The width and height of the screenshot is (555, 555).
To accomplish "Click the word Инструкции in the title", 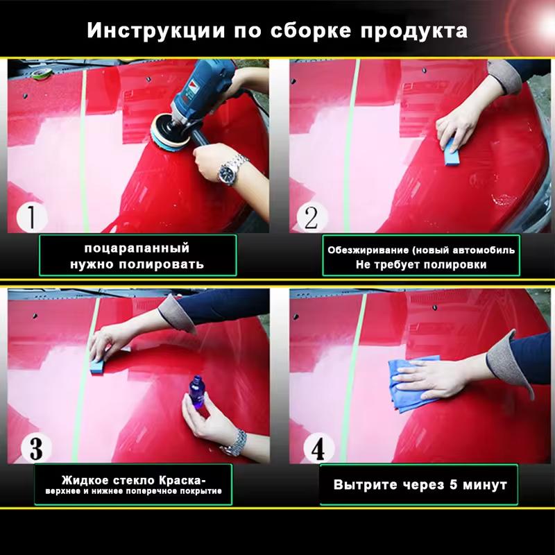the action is click(156, 30).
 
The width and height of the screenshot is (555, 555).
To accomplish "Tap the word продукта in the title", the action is click(414, 31).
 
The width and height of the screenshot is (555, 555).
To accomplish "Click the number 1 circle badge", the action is click(31, 216).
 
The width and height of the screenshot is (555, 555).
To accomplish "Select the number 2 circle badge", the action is click(311, 217).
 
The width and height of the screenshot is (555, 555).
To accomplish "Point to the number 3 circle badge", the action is click(36, 447).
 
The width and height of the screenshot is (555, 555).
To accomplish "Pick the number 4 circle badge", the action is click(318, 447).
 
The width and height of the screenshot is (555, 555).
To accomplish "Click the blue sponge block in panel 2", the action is click(451, 151).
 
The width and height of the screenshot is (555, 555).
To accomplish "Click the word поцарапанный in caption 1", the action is click(137, 248).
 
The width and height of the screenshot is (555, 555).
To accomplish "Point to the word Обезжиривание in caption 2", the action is click(368, 250).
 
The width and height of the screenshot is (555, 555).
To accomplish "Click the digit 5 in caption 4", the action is click(453, 484).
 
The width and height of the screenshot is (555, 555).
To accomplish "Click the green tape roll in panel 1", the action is click(42, 73).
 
